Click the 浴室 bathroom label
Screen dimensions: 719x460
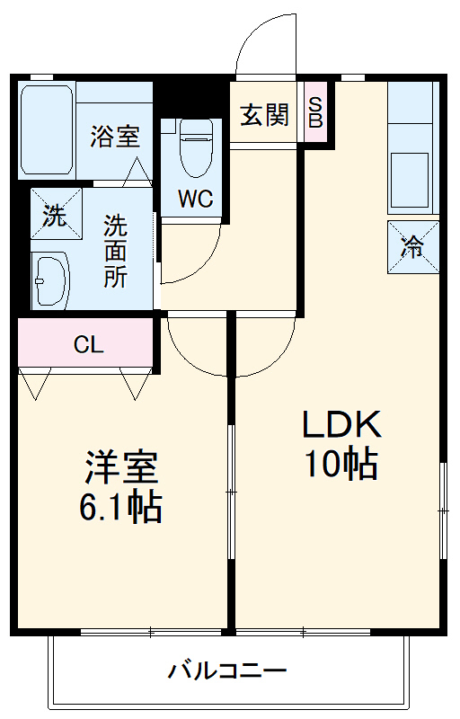coord(115,137)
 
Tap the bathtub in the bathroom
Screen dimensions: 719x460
coord(48,131)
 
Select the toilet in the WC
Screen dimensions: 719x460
coord(194,148)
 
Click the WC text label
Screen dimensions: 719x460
coord(194,200)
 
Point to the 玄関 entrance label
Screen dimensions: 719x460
coord(264,114)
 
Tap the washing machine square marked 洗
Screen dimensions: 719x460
coord(55,216)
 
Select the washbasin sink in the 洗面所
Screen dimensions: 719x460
coord(49,280)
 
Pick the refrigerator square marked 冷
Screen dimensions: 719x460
coord(412,247)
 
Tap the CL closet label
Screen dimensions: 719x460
coord(88,343)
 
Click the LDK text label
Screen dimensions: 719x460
coord(341,423)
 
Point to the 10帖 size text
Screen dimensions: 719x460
coord(341,464)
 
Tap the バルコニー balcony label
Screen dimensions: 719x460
coord(227,670)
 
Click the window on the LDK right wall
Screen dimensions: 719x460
coord(443,510)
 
